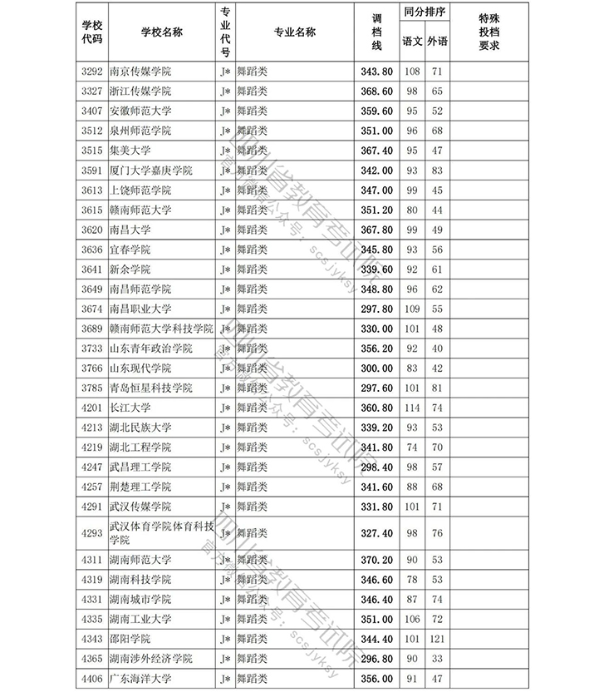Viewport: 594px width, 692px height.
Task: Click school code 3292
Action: coord(92,72)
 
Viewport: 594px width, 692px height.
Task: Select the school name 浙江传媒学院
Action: coord(140,91)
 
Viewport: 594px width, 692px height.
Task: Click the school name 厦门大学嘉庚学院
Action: coord(150,171)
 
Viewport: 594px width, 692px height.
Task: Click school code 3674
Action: coord(92,309)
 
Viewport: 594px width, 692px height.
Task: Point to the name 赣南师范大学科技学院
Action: coord(161,329)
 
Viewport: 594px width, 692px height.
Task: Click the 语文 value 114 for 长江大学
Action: coord(412,408)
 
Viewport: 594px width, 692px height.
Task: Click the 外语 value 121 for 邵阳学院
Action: coord(437,639)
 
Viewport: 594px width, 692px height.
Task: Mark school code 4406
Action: coord(92,679)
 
